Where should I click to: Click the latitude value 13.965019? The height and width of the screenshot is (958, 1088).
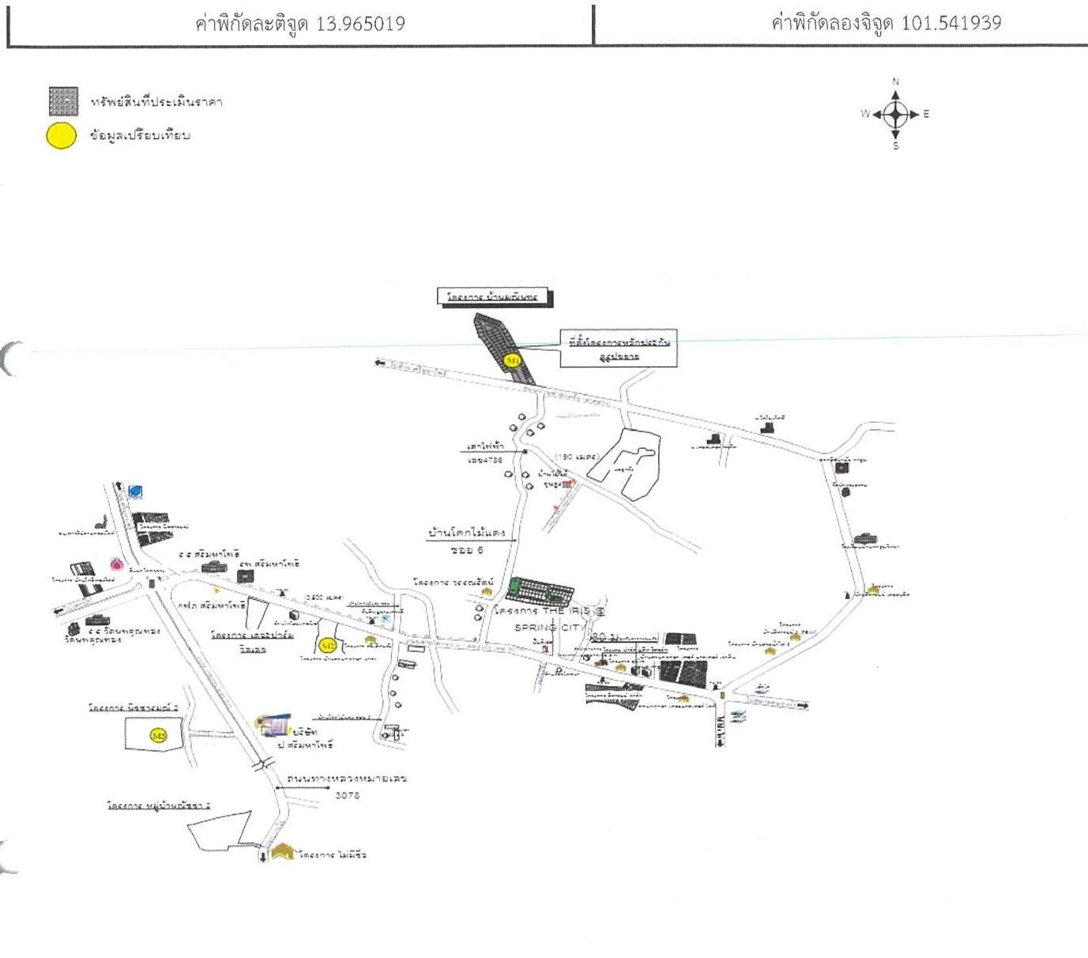coord(360,24)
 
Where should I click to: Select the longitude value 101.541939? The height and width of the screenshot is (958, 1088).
coord(951,22)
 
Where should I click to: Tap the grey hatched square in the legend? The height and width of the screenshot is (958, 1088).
coord(63,101)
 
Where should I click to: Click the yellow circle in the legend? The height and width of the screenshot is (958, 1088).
coord(62,136)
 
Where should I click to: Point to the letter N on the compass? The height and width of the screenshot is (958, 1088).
coord(895,81)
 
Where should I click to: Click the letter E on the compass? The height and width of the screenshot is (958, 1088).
coord(926,114)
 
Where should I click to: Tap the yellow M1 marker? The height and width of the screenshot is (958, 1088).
coord(513,360)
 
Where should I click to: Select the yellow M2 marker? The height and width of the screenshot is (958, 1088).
coord(328,646)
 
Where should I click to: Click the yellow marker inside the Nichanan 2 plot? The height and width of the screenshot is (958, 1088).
coord(158,736)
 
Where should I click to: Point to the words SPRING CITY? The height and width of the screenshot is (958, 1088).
coord(547,628)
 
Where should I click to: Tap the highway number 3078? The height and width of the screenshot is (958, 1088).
coord(347,795)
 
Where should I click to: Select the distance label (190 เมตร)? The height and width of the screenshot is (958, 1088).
coord(577,457)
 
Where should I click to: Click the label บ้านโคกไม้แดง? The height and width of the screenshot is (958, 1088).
coord(466,533)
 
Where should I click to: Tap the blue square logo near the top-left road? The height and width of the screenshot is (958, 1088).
coord(136,492)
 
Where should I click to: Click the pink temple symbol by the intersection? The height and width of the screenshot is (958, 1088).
coord(117,564)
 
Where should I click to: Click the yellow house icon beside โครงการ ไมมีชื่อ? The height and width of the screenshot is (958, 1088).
coord(283,851)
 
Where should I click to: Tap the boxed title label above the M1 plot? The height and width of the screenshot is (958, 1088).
coord(494,297)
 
